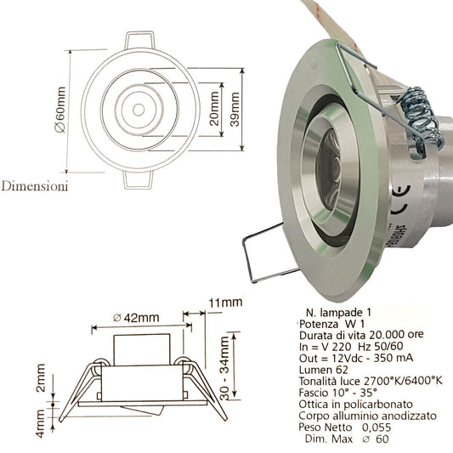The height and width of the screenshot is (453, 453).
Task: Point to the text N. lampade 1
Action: pyautogui.click(x=337, y=312)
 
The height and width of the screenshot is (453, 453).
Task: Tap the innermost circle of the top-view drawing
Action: pyautogui.click(x=135, y=108)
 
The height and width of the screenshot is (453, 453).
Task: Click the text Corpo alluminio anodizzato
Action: pyautogui.click(x=368, y=417)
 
